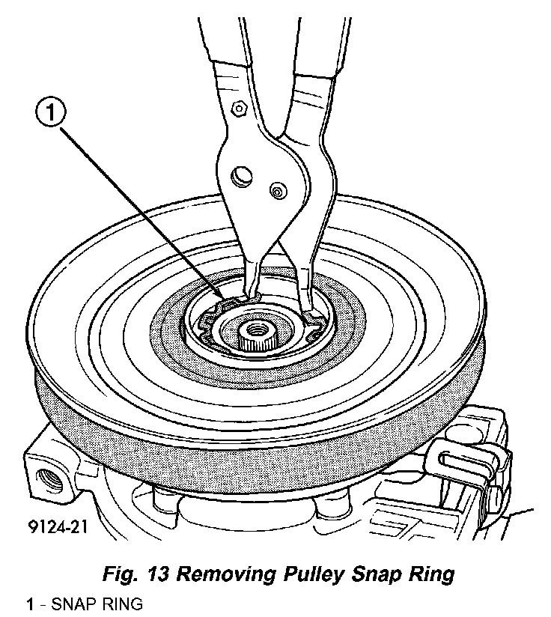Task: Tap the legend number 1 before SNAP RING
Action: [x=30, y=604]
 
